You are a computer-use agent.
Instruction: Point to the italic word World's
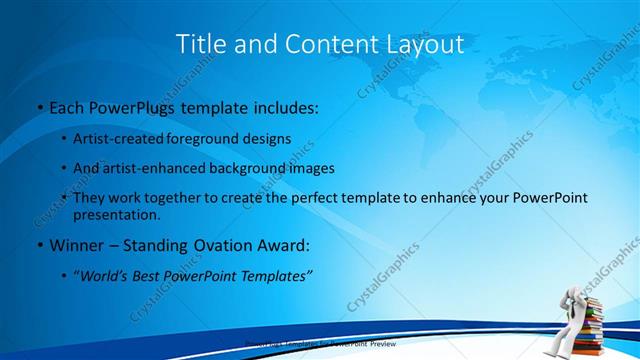pyautogui.click(x=106, y=276)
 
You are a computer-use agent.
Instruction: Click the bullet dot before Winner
pyautogui.click(x=39, y=246)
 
